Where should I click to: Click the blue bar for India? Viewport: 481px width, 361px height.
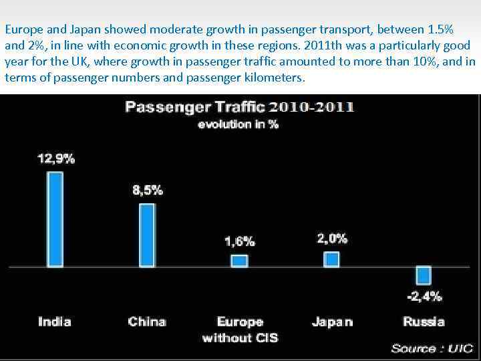pyautogui.click(x=55, y=219)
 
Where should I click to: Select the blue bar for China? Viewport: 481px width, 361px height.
pyautogui.click(x=147, y=235)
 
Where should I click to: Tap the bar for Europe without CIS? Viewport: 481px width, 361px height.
pyautogui.click(x=239, y=261)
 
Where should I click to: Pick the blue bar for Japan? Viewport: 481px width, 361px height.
pyautogui.click(x=331, y=259)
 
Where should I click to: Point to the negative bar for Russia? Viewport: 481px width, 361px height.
pyautogui.click(x=424, y=275)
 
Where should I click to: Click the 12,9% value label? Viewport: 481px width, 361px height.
pyautogui.click(x=55, y=159)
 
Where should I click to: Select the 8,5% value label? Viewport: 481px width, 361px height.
pyautogui.click(x=148, y=191)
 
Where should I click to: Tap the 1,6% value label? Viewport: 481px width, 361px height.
pyautogui.click(x=239, y=241)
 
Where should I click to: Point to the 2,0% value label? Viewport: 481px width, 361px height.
pyautogui.click(x=332, y=239)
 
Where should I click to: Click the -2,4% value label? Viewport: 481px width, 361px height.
pyautogui.click(x=424, y=296)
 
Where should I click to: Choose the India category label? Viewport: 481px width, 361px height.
pyautogui.click(x=55, y=322)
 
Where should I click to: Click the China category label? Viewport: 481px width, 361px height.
pyautogui.click(x=147, y=322)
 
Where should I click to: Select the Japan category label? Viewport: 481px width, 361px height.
pyautogui.click(x=332, y=322)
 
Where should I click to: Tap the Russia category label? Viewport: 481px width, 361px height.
pyautogui.click(x=424, y=322)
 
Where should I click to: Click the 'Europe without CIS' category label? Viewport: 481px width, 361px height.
pyautogui.click(x=240, y=330)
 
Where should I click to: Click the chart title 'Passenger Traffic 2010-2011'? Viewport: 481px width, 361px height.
pyautogui.click(x=240, y=107)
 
